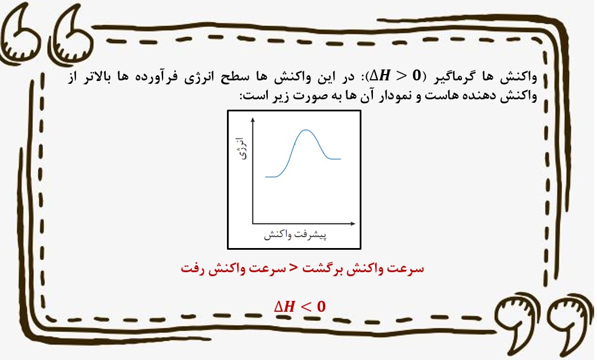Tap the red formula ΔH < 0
point(300,307)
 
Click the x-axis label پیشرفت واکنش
point(295,235)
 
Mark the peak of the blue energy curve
point(306,130)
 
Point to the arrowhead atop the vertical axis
point(253,120)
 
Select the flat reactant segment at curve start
point(271,177)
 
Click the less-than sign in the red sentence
point(293,268)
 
